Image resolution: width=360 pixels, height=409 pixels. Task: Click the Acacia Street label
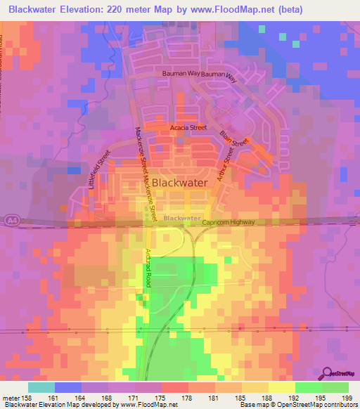tap(188, 128)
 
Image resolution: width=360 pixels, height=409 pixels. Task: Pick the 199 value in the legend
tap(337, 398)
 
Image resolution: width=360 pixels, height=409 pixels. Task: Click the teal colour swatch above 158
tap(41, 387)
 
